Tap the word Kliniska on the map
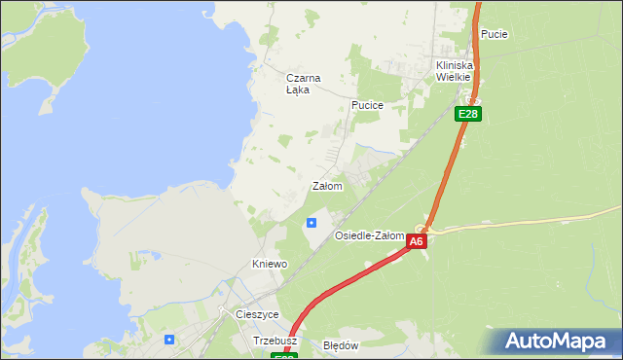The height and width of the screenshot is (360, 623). (453, 65)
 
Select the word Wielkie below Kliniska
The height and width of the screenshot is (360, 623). (453, 77)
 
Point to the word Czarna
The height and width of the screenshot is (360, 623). (303, 78)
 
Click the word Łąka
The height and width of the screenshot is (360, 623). (298, 90)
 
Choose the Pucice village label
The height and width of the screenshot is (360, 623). (368, 105)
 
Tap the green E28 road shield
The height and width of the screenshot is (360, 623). (468, 114)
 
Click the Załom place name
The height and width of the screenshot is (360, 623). (327, 186)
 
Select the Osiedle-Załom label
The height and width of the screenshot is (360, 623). (369, 236)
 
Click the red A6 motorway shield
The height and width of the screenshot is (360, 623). (417, 241)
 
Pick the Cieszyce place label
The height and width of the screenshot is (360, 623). (258, 315)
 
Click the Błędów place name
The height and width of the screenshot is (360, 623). (342, 345)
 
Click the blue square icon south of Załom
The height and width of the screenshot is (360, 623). (311, 222)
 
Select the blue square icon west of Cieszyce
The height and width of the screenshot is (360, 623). (169, 339)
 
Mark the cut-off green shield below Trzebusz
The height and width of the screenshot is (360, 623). (284, 356)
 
